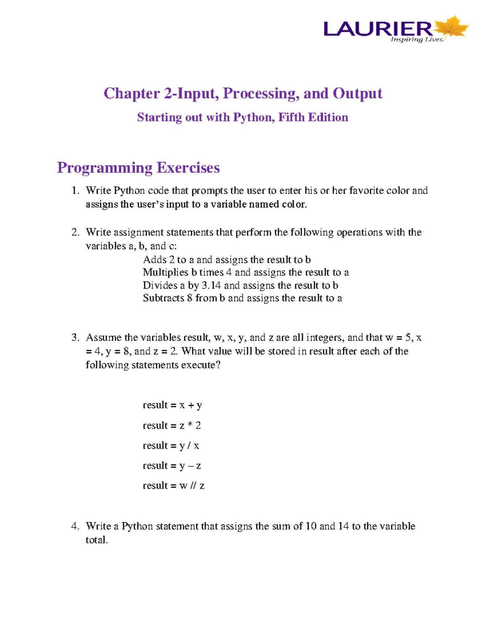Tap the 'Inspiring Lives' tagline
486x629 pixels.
(x=417, y=40)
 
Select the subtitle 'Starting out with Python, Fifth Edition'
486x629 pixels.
(x=243, y=117)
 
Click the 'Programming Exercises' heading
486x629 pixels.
(x=138, y=168)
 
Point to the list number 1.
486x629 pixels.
(x=75, y=191)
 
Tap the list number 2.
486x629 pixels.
(x=75, y=232)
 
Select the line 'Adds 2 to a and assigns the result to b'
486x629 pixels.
(x=227, y=260)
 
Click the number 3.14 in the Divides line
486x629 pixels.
(x=211, y=286)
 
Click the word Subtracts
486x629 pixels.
(x=163, y=298)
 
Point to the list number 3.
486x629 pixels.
(x=75, y=338)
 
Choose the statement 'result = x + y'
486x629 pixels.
(x=172, y=405)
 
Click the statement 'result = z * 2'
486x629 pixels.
(x=172, y=425)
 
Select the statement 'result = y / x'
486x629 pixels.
(x=171, y=446)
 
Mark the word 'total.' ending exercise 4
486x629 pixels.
(x=97, y=540)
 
